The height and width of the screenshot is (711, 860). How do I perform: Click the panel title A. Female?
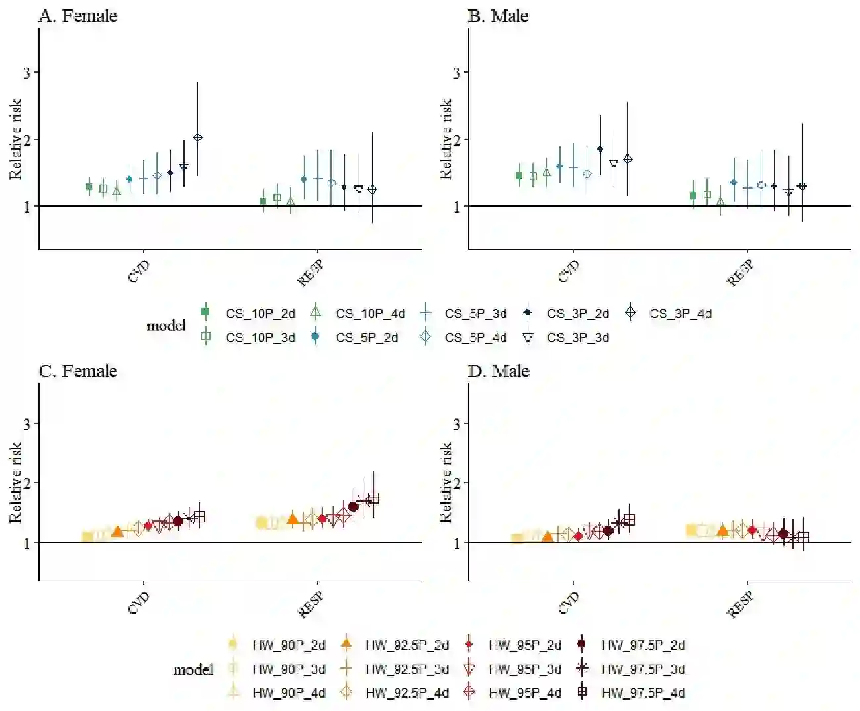[77, 16]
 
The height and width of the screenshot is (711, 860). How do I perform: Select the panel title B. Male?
[498, 16]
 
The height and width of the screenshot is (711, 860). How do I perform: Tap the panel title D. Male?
[499, 371]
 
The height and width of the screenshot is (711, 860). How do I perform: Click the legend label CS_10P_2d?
[260, 314]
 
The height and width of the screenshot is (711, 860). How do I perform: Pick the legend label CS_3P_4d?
[680, 314]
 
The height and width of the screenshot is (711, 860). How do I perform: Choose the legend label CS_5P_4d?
[475, 338]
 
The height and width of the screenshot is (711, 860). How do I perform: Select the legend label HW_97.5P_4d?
[643, 693]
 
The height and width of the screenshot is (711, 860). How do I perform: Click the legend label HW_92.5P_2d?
[407, 645]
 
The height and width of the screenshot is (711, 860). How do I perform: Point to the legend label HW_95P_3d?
[525, 669]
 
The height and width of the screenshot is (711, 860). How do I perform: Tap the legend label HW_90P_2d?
[289, 645]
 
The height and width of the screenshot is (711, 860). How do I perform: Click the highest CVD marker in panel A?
[197, 138]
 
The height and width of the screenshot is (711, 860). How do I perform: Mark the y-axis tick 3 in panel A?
[27, 72]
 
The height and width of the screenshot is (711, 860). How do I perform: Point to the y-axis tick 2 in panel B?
[457, 140]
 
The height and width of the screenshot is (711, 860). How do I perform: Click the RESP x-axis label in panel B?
[740, 272]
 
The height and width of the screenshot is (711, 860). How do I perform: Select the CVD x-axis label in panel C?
[139, 603]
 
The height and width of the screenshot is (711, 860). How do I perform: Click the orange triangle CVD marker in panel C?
[118, 531]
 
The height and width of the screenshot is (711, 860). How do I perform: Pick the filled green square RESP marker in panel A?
[263, 201]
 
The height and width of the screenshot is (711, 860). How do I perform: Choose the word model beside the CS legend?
[166, 326]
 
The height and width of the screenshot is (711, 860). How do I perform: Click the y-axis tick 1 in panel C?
[27, 543]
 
